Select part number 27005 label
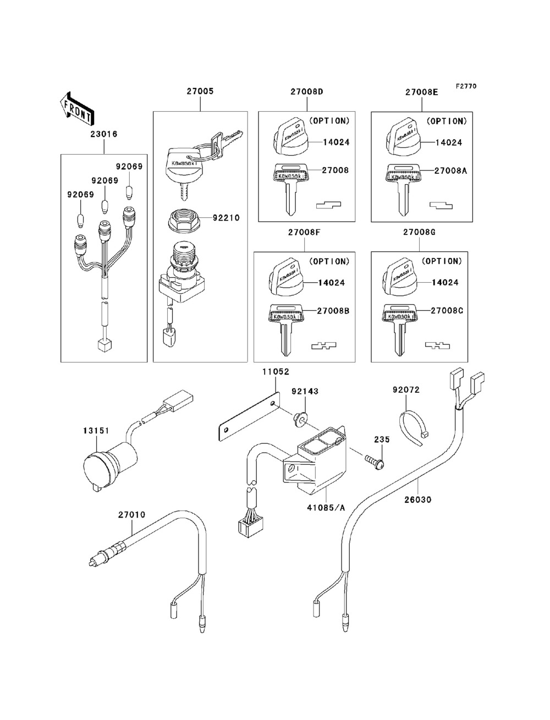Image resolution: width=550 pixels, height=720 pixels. tap(200, 92)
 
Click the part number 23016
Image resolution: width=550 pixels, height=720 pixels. tap(104, 134)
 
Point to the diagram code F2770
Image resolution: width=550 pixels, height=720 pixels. tap(465, 86)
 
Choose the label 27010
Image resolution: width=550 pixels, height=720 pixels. tap(132, 515)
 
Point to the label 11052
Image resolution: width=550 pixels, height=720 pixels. tap(276, 372)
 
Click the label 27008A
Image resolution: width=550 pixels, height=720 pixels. tap(450, 171)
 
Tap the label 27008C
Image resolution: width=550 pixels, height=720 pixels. tap(447, 311)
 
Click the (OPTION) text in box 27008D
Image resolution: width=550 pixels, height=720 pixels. tap(329, 120)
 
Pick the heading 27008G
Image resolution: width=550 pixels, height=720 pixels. tap(420, 233)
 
